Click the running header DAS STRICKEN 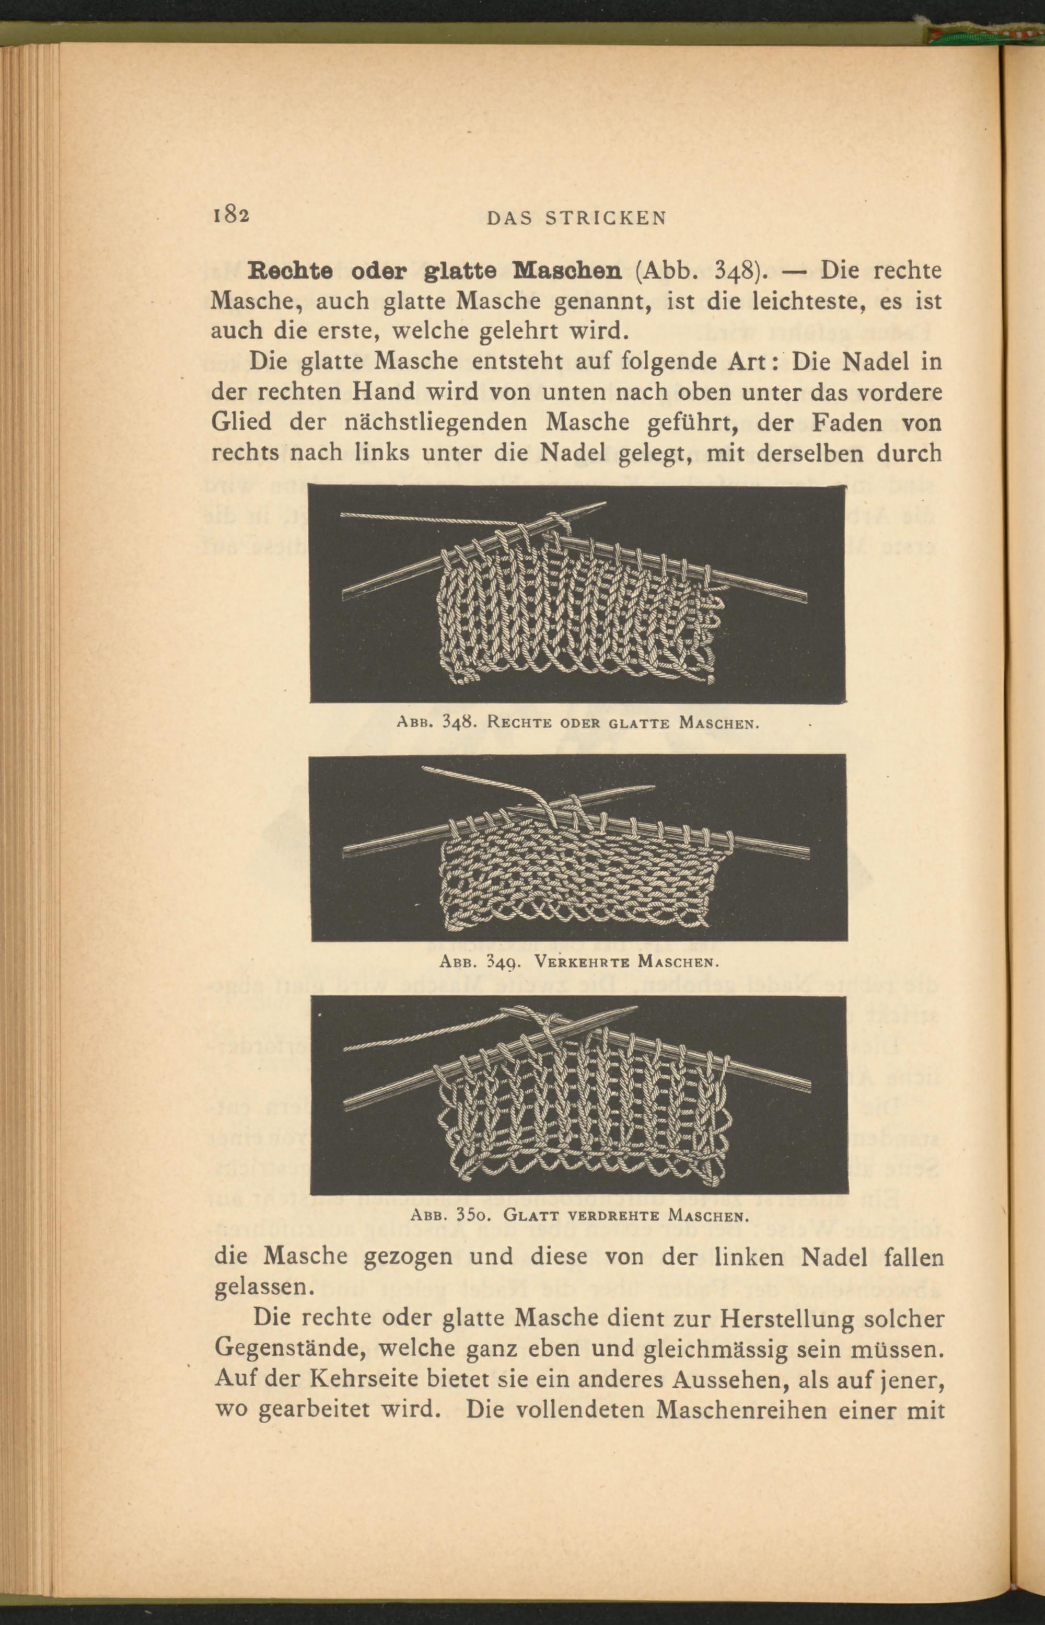coord(577,218)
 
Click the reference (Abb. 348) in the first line coord(700,271)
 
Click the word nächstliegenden coord(447,422)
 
